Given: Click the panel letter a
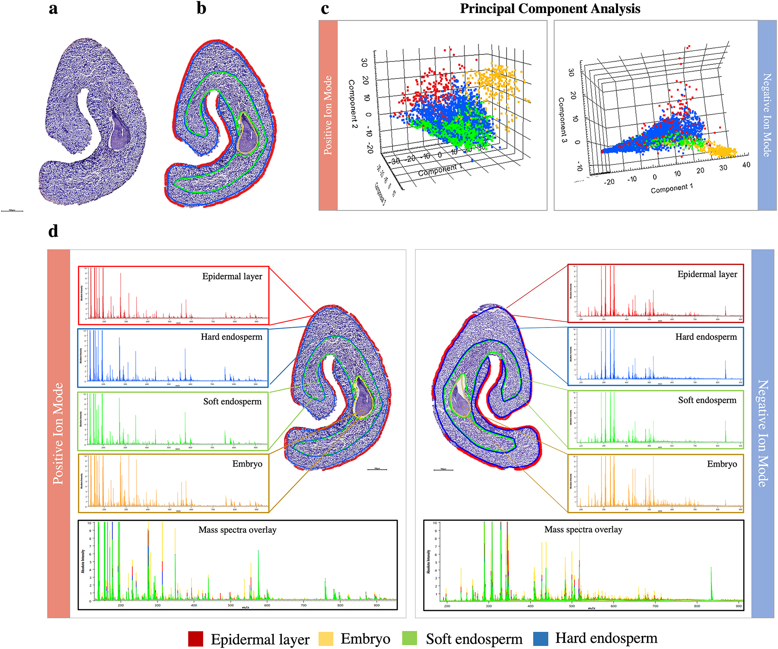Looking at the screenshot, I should point(53,9).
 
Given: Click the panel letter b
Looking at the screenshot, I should point(201,9).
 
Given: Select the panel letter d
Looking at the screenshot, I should point(53,232).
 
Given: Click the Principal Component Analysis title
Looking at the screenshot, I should point(550,9).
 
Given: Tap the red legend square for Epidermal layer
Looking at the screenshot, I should point(195,639).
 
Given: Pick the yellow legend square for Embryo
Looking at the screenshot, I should point(326,639).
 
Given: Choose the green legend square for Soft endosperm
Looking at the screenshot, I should point(409,639).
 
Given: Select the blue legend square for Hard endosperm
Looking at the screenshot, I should point(540,639).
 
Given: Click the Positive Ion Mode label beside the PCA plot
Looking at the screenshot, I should point(328,115).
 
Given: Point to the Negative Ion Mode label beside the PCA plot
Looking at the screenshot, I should point(767,115).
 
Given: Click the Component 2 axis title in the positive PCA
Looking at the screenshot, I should point(353,104).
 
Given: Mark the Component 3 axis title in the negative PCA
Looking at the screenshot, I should point(562,120).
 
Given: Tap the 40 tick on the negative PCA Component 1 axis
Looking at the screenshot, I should point(746,165).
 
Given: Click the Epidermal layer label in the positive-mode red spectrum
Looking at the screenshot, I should point(232,277).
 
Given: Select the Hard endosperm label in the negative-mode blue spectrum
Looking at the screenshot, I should point(706,337).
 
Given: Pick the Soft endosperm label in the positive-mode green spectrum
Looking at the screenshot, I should point(232,402).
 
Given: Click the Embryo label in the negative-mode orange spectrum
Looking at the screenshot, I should point(722,464).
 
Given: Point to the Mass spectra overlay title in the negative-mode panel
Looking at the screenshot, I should point(583,530).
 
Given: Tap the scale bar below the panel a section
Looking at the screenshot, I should point(12,211).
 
